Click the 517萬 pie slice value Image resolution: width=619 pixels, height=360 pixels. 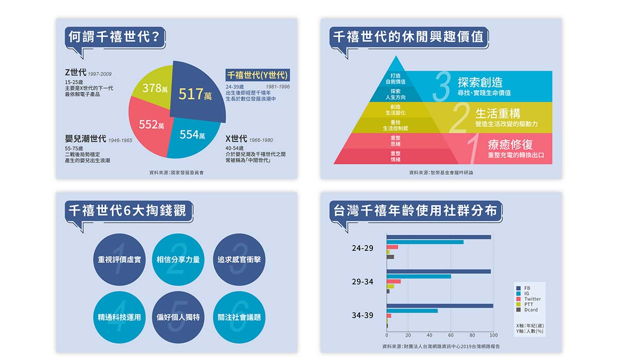coord(195,94)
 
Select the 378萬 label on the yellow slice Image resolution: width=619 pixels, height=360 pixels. coord(155,88)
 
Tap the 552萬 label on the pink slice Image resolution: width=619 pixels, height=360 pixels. coord(151,124)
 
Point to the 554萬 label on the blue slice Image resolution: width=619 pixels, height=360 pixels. coord(192,135)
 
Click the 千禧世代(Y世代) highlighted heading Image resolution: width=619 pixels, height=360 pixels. coord(258,75)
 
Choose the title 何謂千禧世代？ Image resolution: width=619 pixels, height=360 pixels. coord(116,37)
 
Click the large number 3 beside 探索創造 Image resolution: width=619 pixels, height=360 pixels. coord(441,86)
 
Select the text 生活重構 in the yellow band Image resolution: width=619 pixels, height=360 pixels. coord(497,113)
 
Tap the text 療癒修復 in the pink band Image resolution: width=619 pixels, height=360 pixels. coord(510,144)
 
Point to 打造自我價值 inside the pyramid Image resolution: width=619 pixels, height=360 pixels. coord(396,78)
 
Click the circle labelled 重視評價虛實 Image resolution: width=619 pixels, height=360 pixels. coord(119,259)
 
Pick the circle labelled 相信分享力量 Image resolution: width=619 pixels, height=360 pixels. coord(178,259)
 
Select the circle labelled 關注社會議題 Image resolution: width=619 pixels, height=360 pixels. coord(239,317)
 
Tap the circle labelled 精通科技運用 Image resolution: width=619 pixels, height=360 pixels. coord(119,317)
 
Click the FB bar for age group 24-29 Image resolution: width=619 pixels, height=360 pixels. coord(438,237)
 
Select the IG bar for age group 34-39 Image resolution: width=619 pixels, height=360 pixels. coord(412,310)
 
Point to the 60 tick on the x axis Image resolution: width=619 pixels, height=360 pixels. coord(451,335)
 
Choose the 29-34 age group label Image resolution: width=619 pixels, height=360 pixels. coord(362,282)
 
